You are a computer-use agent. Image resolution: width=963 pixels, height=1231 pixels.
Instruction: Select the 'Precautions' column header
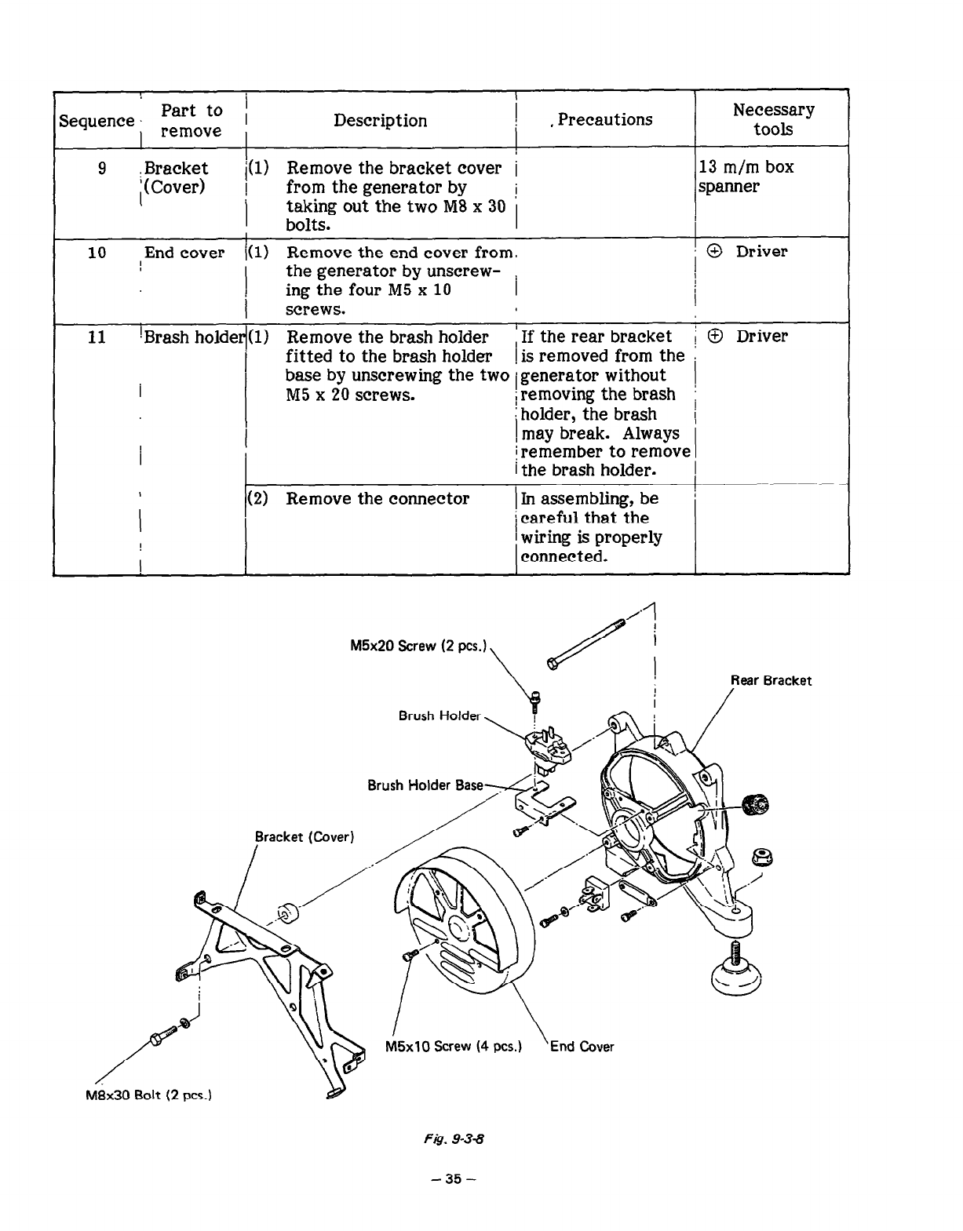click(x=604, y=119)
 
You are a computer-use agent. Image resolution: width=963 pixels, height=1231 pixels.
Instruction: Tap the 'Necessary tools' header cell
click(x=773, y=119)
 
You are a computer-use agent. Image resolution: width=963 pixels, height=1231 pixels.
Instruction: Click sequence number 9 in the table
click(x=102, y=168)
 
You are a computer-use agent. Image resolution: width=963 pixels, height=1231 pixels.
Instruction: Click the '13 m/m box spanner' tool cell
click(x=746, y=177)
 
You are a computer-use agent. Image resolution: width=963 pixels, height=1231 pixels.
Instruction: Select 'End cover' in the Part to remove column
click(x=184, y=253)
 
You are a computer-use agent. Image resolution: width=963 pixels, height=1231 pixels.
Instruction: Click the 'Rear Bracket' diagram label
click(x=771, y=681)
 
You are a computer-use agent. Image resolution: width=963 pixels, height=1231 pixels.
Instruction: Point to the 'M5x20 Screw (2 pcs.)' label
click(x=419, y=646)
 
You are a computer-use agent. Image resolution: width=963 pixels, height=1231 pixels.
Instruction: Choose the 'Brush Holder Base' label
click(x=425, y=785)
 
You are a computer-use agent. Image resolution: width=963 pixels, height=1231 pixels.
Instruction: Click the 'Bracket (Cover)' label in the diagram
click(x=305, y=836)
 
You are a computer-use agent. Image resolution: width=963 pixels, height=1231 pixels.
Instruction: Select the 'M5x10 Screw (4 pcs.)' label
click(x=454, y=1046)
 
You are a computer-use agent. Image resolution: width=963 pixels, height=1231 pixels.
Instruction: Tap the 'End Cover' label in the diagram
click(x=582, y=1046)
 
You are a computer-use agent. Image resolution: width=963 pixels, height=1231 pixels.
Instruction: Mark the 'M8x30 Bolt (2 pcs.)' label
click(x=149, y=1095)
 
